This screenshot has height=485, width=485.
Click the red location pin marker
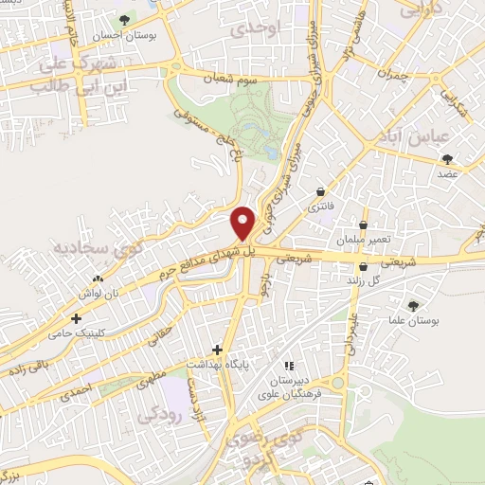click(243, 223)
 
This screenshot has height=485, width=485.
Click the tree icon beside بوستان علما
click(412, 306)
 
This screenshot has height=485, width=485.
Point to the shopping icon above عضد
click(447, 160)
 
